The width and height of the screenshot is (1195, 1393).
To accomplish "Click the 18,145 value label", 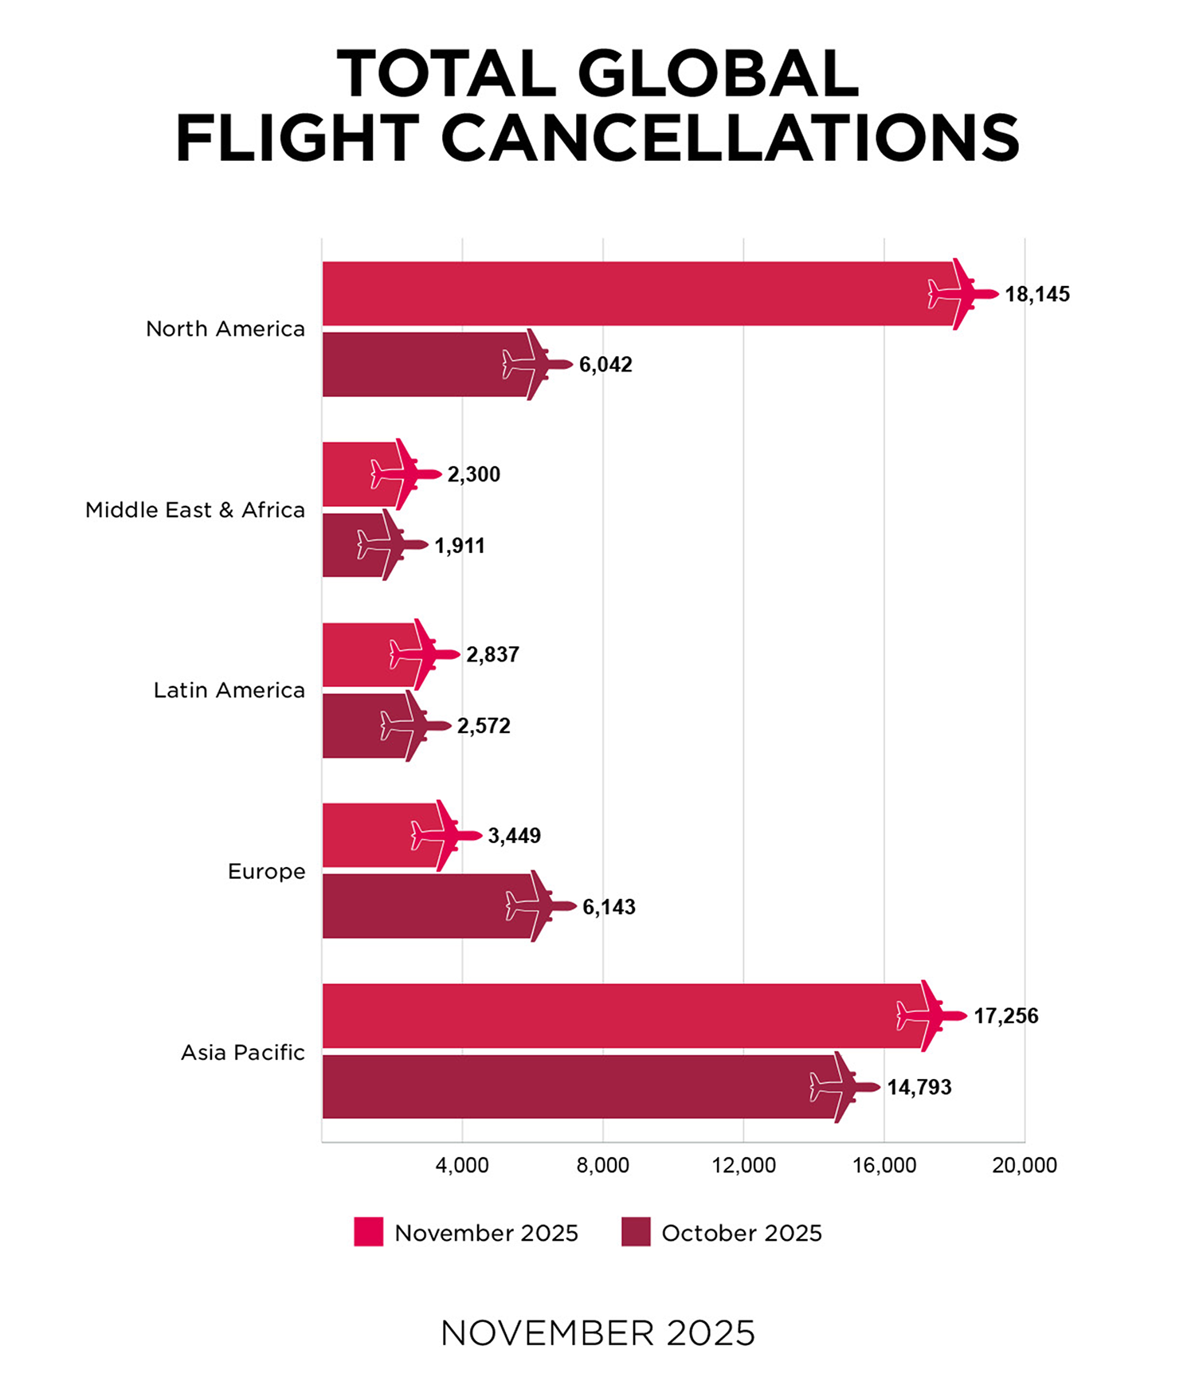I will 1036,294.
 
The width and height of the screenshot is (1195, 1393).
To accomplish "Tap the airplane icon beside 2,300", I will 406,474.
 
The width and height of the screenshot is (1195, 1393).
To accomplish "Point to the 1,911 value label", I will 460,546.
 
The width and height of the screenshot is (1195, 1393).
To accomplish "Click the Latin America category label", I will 229,690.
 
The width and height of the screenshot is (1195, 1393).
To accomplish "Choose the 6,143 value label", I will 609,907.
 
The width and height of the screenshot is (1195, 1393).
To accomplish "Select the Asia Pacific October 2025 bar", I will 574,1087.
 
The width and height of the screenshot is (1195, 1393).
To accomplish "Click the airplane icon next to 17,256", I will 931,1016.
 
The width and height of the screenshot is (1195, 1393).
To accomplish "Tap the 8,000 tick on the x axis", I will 602,1165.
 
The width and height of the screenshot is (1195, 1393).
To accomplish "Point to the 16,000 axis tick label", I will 884,1165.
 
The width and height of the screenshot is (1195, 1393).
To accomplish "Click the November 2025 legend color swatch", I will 369,1232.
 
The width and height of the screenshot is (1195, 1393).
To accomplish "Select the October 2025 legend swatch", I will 636,1232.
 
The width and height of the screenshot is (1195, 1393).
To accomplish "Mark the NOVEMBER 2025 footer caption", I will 597,1333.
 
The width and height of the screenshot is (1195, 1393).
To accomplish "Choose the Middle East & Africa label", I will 194,510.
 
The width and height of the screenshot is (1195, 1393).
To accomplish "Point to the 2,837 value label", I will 492,655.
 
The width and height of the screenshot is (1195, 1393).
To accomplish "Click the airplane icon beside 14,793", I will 844,1087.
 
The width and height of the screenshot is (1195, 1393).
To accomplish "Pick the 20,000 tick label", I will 1024,1165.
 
